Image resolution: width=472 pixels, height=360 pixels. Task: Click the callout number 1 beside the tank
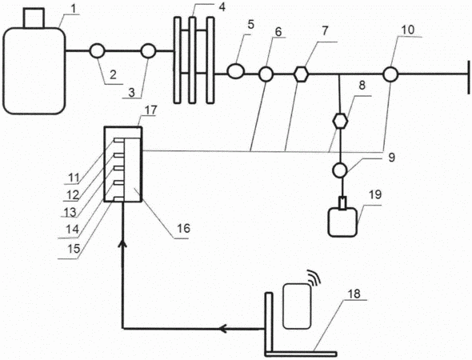point(75,9)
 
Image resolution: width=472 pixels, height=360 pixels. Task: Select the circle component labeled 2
point(98,51)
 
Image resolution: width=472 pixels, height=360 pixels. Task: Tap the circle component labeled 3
point(148,51)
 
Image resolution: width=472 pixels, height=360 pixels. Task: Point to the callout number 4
point(222,6)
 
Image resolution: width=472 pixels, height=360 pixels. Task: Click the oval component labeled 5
point(236,71)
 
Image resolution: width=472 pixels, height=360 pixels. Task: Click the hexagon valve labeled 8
point(341,121)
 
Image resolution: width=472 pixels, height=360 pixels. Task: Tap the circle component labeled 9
point(340,170)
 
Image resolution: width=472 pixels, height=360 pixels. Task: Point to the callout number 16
point(183,229)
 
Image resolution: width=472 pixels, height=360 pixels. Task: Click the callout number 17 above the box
point(150,110)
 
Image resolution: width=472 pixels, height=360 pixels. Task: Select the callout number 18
point(354,294)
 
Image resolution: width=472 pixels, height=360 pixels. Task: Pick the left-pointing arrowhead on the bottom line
point(223,329)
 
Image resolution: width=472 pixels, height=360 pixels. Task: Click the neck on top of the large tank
point(34,18)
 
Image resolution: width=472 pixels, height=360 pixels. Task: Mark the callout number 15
point(74,249)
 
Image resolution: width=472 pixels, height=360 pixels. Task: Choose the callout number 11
point(74,178)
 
